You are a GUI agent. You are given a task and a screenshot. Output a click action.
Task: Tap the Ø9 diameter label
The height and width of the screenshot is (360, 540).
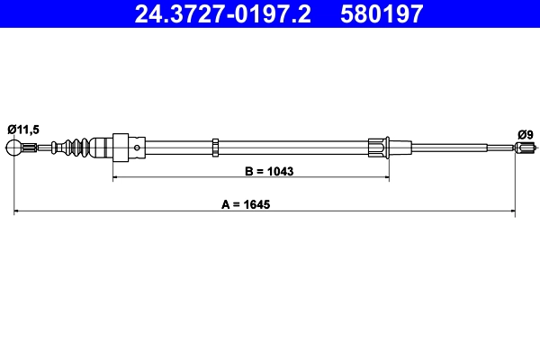point(526,135)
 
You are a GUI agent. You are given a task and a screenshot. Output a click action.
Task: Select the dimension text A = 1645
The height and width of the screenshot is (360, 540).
point(246,202)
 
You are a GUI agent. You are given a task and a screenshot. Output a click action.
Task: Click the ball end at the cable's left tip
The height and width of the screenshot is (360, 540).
point(14,146)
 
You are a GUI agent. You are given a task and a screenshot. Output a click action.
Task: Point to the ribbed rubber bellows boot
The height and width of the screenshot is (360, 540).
point(79,146)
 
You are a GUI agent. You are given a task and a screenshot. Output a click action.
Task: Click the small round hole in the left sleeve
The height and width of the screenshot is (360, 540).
point(136,146)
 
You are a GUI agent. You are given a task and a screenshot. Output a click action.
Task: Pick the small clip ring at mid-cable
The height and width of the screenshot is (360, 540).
point(215,146)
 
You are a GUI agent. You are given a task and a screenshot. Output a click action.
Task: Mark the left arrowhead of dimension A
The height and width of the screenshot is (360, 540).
point(18,212)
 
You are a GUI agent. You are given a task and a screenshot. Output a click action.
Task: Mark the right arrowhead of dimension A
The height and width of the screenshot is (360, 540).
point(510,212)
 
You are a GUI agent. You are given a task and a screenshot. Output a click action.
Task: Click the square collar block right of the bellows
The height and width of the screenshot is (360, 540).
point(120,146)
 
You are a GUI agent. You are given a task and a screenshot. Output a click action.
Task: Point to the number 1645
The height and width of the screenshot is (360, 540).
point(256,202)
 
